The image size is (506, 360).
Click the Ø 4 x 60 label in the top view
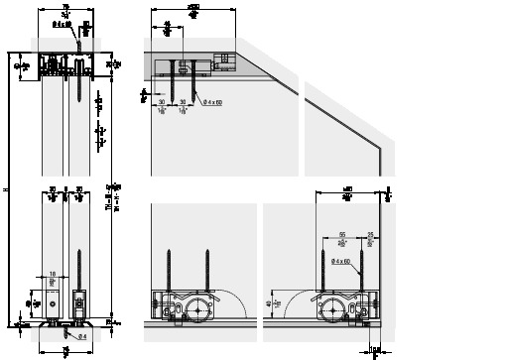(211, 100)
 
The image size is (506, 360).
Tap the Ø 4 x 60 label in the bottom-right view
(343, 262)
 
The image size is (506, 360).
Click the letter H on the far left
(7, 190)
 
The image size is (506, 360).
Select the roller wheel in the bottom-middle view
(201, 308)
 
